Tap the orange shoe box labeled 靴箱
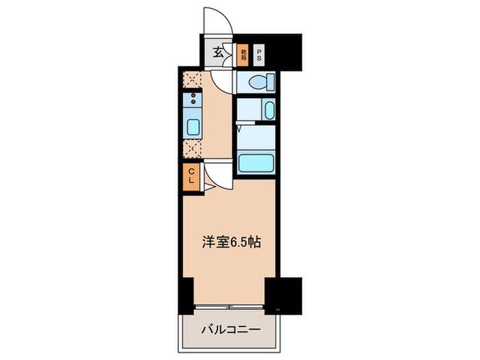tap(243, 53)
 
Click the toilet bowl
tap(259, 84)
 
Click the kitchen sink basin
tap(193, 127)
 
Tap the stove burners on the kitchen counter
tap(193, 98)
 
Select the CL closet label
tap(193, 176)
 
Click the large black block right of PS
tap(289, 51)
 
